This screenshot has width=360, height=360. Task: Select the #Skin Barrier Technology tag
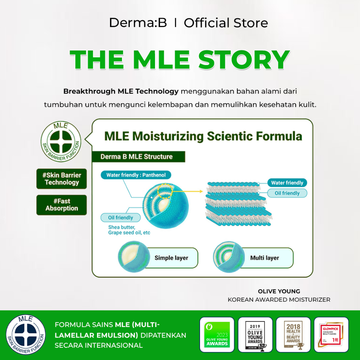click(62, 179)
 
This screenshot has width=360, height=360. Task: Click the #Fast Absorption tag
click(62, 205)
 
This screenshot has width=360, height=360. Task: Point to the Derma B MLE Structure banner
click(137, 156)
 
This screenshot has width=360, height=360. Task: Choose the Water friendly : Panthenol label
click(134, 175)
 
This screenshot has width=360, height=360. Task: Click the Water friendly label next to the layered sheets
click(287, 183)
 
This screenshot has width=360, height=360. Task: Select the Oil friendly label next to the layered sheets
click(287, 193)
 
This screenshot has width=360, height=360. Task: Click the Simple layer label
click(171, 258)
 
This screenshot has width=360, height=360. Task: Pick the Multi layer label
click(264, 258)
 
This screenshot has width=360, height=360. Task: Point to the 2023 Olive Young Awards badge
click(217, 335)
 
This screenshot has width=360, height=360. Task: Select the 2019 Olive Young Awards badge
click(255, 335)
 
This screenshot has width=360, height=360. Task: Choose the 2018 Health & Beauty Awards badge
click(293, 335)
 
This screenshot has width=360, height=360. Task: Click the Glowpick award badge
click(331, 335)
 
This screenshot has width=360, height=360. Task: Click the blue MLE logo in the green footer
click(26, 335)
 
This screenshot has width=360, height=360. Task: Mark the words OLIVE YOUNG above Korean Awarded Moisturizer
click(279, 291)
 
